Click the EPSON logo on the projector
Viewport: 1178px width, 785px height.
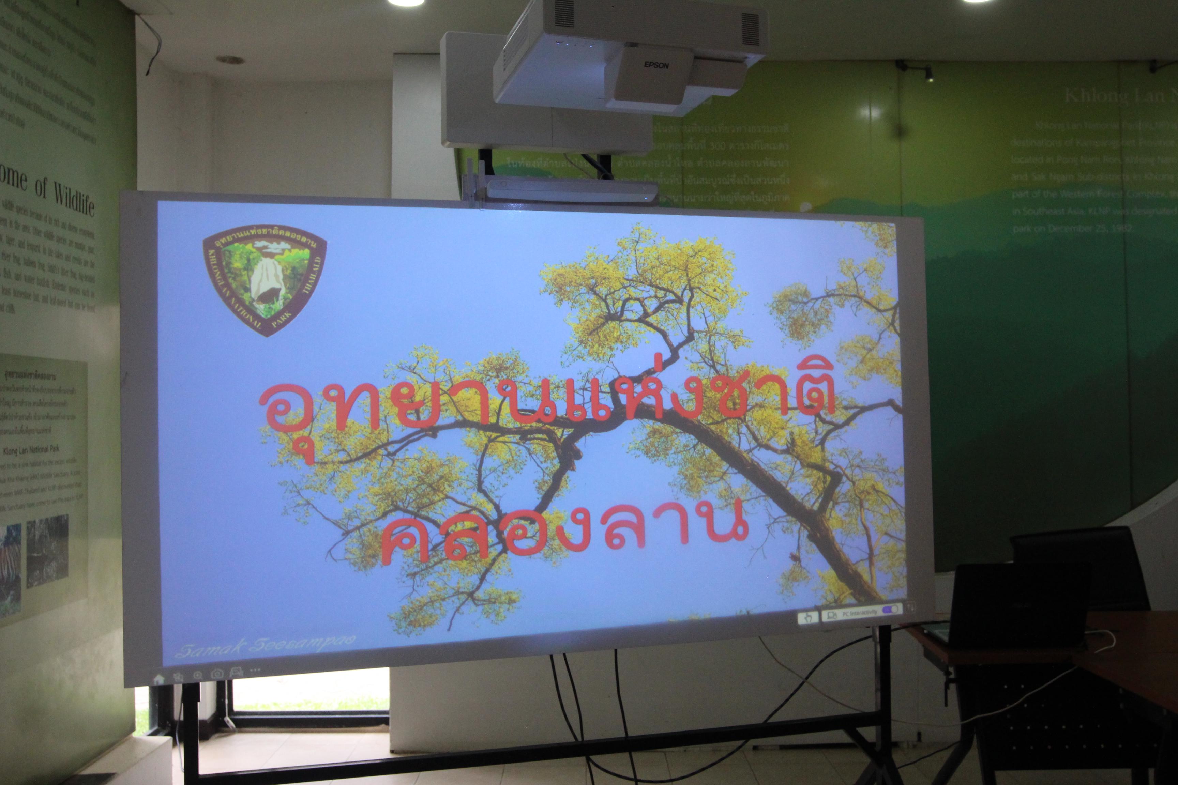pos(656,65)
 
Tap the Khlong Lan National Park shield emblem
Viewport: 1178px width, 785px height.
pos(265,278)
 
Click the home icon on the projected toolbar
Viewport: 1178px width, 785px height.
pos(159,679)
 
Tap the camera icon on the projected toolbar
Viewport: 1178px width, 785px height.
pos(217,674)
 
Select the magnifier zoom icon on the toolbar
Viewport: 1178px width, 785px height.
pos(198,675)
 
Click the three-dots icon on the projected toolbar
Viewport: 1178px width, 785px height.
pos(255,669)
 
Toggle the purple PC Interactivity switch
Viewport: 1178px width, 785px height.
pos(890,609)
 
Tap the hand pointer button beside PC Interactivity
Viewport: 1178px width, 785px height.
pos(807,618)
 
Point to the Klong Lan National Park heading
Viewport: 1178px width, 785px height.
pos(31,450)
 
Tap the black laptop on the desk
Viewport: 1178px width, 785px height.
pos(1017,606)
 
